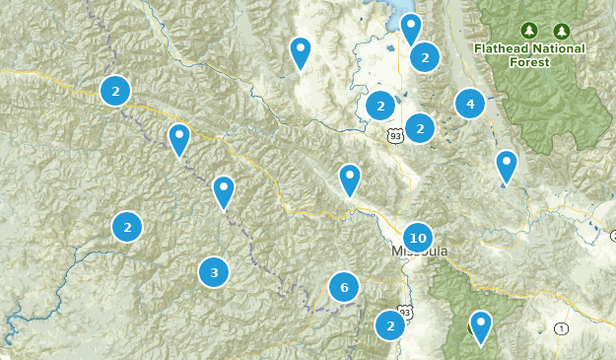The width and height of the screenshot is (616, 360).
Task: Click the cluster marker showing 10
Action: click(x=418, y=238)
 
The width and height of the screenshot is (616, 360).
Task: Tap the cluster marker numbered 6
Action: click(x=344, y=288)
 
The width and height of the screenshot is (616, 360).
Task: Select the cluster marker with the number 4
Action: click(x=470, y=103)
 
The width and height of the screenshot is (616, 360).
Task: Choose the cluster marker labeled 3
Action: click(x=214, y=271)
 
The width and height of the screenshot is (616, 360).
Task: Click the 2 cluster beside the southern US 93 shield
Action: click(x=390, y=324)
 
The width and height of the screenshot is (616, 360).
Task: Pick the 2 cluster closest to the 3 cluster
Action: click(x=127, y=227)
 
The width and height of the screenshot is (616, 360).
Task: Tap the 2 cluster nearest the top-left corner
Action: click(x=116, y=92)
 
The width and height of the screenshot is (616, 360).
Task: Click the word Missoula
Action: click(x=420, y=252)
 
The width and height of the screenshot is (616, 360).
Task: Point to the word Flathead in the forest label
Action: click(x=501, y=48)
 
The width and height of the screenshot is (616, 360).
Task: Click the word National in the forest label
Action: click(x=558, y=48)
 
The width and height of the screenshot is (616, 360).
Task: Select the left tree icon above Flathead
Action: click(x=529, y=31)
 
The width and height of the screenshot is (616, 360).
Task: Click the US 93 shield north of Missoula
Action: click(x=395, y=134)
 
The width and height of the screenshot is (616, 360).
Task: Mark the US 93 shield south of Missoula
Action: click(x=408, y=312)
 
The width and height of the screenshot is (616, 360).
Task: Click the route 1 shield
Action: click(x=561, y=328)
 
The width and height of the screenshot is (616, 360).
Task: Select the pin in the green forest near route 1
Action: click(x=481, y=324)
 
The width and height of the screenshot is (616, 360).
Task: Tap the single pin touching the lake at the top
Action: click(x=411, y=28)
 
